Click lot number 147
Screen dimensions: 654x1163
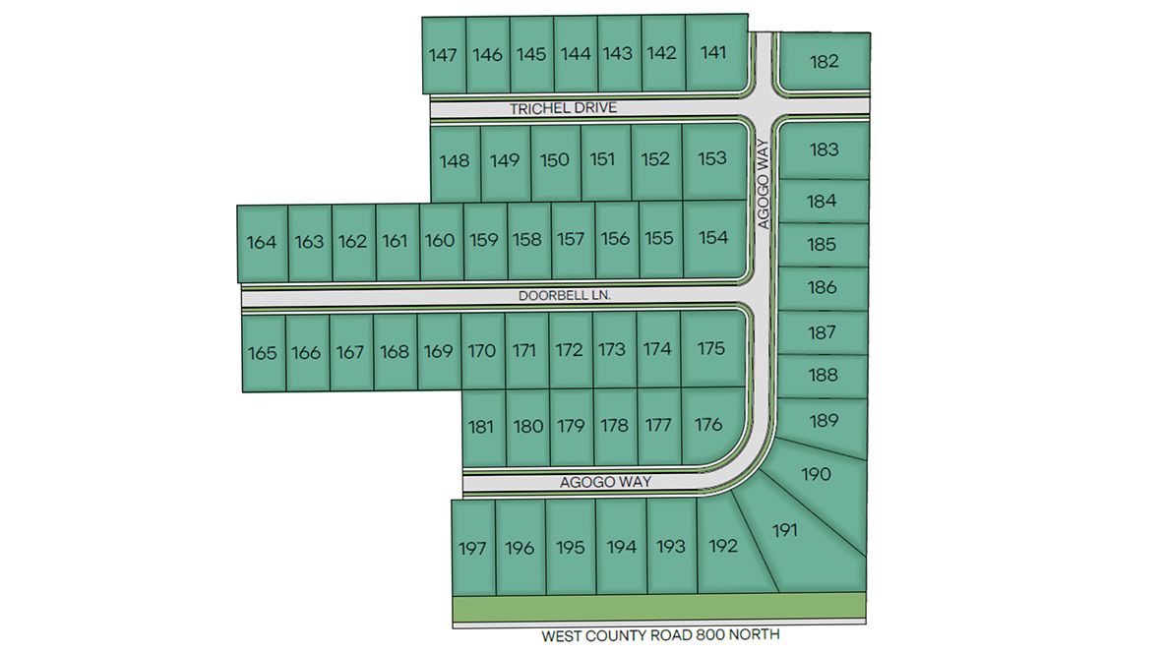[444, 55]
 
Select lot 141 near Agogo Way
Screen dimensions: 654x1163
[713, 53]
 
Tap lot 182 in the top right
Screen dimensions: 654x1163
[825, 61]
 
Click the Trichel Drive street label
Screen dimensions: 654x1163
[564, 108]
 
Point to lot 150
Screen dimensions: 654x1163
[555, 160]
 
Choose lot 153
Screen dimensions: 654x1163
[711, 158]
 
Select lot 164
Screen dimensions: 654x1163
[262, 242]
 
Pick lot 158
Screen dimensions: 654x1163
[526, 239]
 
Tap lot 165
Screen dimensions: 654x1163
[263, 353]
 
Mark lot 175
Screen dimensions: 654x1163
[710, 348]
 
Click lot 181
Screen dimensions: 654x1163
[481, 427]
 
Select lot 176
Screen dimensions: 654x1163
[708, 425]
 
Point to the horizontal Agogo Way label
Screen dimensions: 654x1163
[605, 482]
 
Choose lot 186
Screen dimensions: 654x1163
[823, 288]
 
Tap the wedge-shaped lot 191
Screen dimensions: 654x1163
[784, 531]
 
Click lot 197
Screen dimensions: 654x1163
[472, 548]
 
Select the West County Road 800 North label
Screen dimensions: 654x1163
[660, 635]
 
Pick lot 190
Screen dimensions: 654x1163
[817, 474]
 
